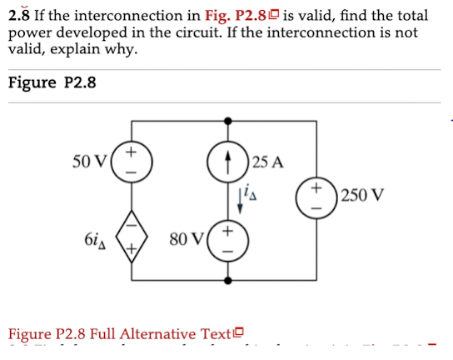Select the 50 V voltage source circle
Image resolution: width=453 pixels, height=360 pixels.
click(x=131, y=160)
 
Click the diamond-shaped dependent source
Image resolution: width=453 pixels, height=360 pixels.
click(x=131, y=236)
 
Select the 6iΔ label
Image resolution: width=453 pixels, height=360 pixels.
click(x=95, y=235)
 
